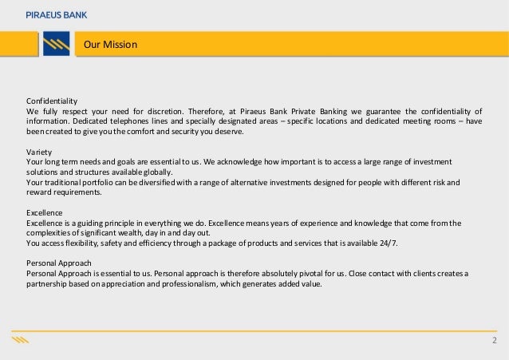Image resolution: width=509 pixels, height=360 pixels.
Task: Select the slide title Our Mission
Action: (x=111, y=45)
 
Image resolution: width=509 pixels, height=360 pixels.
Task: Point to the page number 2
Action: (x=494, y=342)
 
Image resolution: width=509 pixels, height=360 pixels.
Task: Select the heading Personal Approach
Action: (x=59, y=263)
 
